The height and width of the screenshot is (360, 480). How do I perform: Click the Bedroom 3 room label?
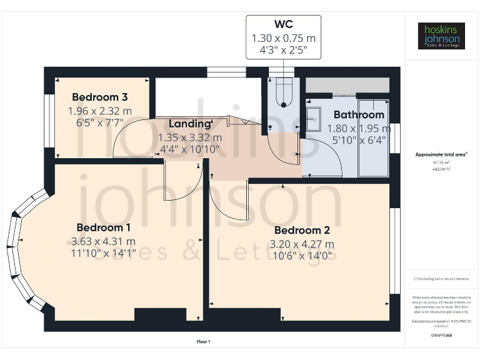[x=100, y=97]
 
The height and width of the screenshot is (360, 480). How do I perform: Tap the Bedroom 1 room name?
[x=103, y=227]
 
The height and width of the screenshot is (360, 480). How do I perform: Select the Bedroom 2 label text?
[x=302, y=229]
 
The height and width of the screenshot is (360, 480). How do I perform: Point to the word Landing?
[x=189, y=124]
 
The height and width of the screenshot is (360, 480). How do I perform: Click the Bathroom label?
[x=359, y=114]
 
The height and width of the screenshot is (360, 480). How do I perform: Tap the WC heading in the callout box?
[x=283, y=25]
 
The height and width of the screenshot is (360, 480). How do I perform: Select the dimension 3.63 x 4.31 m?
[x=103, y=241]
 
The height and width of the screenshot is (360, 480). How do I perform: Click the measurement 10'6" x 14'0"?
[x=302, y=256]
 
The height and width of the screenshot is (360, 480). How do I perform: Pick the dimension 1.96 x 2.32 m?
[x=100, y=111]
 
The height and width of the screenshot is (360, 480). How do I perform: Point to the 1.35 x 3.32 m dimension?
[x=189, y=137]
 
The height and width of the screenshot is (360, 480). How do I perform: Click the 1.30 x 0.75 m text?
[x=283, y=38]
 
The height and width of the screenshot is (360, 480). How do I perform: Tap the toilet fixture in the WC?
[x=284, y=91]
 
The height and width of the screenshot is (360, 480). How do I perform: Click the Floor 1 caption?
[x=203, y=341]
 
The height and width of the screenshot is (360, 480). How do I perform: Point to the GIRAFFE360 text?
[x=441, y=336]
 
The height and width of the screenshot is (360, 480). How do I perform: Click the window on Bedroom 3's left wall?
[x=48, y=112]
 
